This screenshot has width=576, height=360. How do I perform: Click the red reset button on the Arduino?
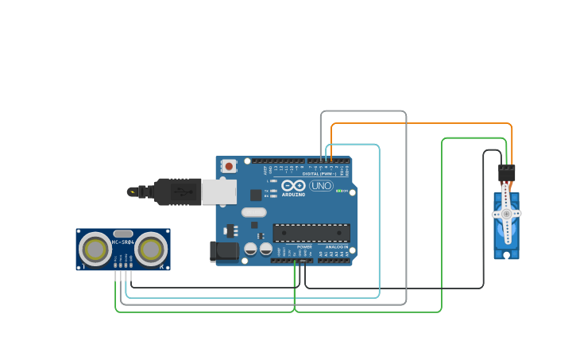click(x=229, y=166)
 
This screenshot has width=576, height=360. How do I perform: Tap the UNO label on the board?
click(x=321, y=186)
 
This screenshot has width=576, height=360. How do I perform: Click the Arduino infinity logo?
click(x=292, y=184)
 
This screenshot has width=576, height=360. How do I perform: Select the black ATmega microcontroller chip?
click(x=311, y=232)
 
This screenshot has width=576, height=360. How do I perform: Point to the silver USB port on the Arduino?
click(x=218, y=192)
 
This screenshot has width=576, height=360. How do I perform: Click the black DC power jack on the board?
click(x=224, y=251)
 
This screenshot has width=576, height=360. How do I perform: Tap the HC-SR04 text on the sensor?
click(x=123, y=241)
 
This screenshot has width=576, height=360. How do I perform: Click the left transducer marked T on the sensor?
click(x=95, y=250)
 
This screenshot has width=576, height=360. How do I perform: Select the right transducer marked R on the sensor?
click(x=151, y=250)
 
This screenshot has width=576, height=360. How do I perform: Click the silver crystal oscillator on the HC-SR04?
click(x=123, y=234)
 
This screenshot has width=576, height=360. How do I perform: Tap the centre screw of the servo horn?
click(x=506, y=214)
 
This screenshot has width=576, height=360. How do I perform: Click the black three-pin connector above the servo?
click(x=506, y=172)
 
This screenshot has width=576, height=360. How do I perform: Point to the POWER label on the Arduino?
click(x=304, y=247)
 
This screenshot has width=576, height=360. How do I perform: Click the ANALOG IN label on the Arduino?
click(x=336, y=247)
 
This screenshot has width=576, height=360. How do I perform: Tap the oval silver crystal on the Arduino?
click(x=253, y=212)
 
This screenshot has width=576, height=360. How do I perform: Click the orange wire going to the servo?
click(x=421, y=124)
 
